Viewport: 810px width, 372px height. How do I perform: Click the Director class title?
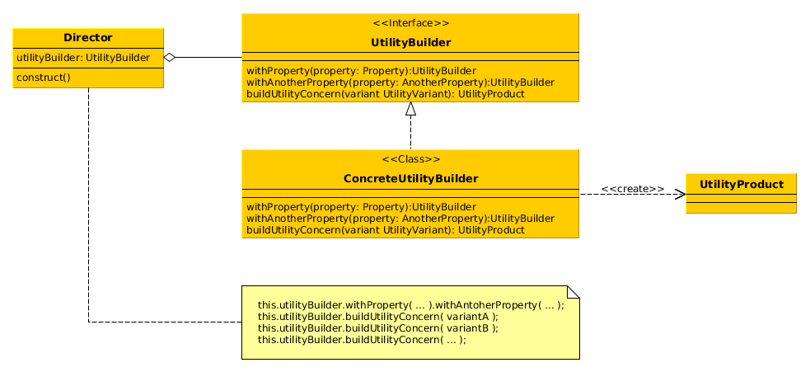pyautogui.click(x=88, y=38)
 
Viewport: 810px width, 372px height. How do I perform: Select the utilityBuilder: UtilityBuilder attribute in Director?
pyautogui.click(x=83, y=58)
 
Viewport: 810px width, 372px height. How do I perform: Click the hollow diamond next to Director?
pyautogui.click(x=170, y=58)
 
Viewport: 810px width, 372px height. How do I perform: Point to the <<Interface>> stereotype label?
pyautogui.click(x=410, y=23)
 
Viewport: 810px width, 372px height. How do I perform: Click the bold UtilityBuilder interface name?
pyautogui.click(x=410, y=42)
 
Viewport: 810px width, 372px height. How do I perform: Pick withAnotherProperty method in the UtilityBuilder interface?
pyautogui.click(x=400, y=82)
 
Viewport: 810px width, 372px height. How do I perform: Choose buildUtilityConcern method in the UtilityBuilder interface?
pyautogui.click(x=385, y=94)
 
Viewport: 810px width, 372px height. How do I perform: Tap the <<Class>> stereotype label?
pyautogui.click(x=410, y=159)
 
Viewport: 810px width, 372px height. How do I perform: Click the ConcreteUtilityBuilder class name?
pyautogui.click(x=410, y=178)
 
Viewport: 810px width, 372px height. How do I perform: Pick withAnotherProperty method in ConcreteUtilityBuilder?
pyautogui.click(x=400, y=219)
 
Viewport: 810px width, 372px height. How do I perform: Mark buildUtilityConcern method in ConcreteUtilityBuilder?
pyautogui.click(x=385, y=230)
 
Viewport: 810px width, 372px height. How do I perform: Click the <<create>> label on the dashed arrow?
pyautogui.click(x=632, y=189)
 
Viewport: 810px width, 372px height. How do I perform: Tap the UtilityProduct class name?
pyautogui.click(x=741, y=184)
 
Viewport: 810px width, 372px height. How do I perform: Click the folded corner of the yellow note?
pyautogui.click(x=574, y=292)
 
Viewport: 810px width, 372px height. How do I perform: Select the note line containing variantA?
pyautogui.click(x=378, y=316)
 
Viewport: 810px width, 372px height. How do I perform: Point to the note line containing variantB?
pyautogui.click(x=378, y=327)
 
